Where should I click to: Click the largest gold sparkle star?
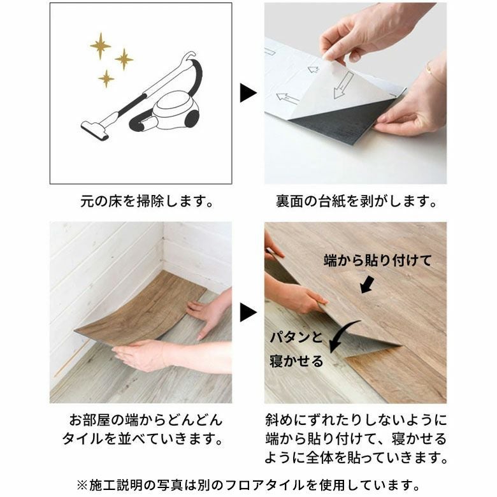coord(100,46)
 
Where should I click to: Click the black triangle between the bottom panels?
coord(247,313)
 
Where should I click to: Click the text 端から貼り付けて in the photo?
coord(377,261)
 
